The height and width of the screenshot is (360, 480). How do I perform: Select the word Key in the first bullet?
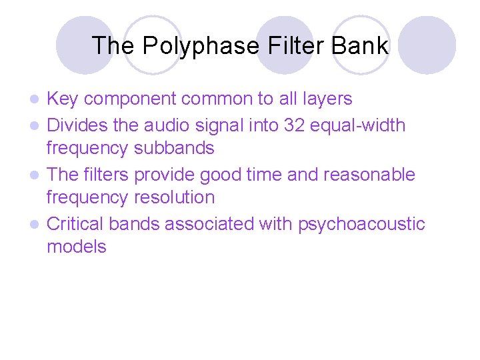point(63,99)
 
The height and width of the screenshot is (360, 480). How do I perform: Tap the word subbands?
point(174,148)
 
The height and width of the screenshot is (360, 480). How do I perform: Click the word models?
point(76,247)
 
